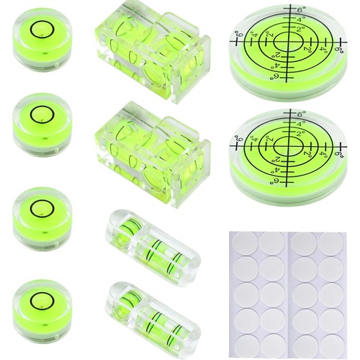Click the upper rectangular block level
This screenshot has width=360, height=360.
153,53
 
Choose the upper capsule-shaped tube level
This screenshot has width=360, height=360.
153,244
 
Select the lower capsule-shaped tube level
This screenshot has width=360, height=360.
153,316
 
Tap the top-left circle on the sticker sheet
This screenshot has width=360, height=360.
246,243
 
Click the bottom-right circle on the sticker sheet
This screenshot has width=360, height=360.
331,346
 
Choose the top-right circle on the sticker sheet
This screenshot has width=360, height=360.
331,243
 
